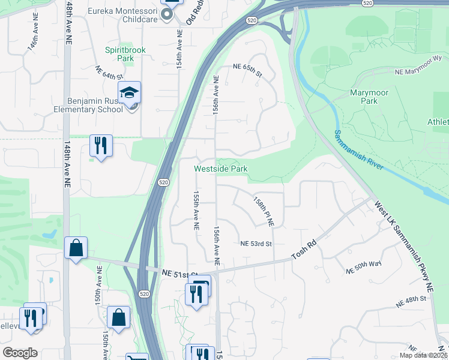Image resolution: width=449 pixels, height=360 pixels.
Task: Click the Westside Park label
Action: click(x=220, y=169)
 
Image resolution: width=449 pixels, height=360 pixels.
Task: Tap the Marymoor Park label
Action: click(x=364, y=97)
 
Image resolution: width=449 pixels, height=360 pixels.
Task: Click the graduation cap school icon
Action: click(x=129, y=93)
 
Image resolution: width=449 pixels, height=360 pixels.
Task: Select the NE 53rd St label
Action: click(x=256, y=244)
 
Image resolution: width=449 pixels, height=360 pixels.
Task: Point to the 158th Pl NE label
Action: click(x=263, y=211)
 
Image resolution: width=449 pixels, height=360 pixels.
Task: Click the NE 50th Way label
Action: click(x=364, y=268)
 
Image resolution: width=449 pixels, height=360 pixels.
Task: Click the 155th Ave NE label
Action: click(x=195, y=211)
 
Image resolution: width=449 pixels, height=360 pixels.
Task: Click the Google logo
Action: click(x=20, y=353)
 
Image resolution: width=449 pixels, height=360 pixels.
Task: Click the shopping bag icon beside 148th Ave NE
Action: click(x=76, y=248)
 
